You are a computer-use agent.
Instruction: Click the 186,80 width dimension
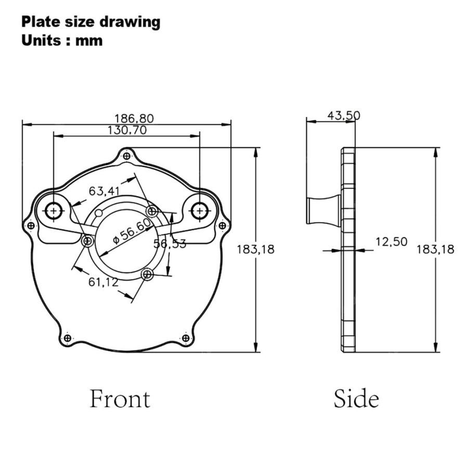click(x=134, y=119)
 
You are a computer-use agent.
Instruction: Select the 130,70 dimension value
click(x=127, y=131)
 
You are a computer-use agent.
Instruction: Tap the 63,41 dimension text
click(x=104, y=191)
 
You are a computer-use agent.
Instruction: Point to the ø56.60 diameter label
click(x=133, y=231)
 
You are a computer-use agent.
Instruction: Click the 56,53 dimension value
click(x=170, y=244)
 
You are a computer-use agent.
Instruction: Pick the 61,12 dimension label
click(x=103, y=282)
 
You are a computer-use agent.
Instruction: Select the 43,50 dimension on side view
click(x=344, y=115)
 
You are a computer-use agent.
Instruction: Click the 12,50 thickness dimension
click(x=391, y=242)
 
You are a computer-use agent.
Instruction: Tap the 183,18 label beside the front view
click(x=255, y=249)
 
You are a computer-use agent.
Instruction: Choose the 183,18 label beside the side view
click(x=435, y=249)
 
